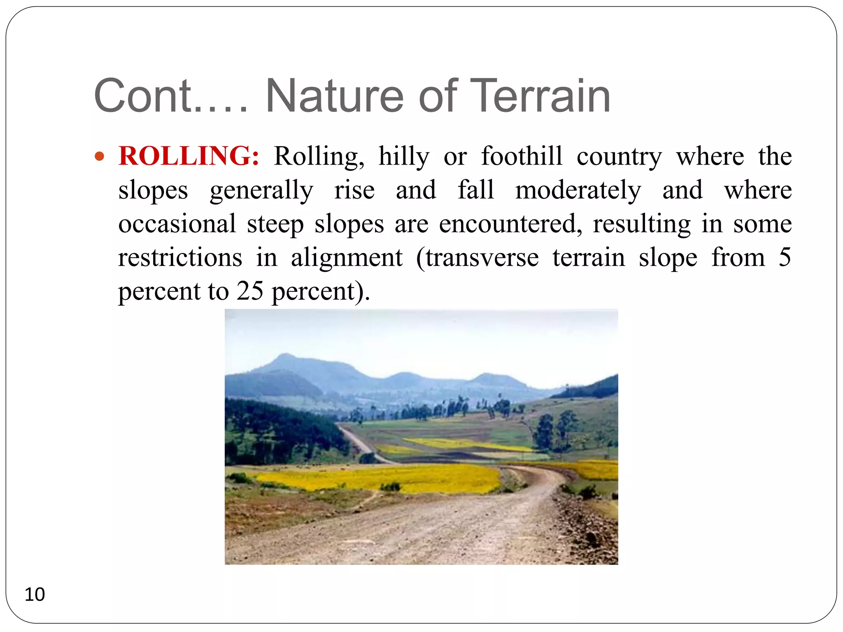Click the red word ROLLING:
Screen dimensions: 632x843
click(189, 156)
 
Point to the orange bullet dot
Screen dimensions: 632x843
click(100, 157)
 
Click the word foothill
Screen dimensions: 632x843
click(522, 156)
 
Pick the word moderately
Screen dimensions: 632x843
click(578, 191)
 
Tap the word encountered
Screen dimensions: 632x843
click(510, 224)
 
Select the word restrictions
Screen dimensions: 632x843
click(180, 258)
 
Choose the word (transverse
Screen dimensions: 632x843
click(477, 258)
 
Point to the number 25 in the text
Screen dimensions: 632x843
click(249, 291)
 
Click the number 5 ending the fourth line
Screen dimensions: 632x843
click(785, 258)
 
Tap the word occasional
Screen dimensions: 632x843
click(177, 224)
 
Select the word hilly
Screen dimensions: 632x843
click(404, 157)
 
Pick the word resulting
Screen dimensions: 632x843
click(642, 225)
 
